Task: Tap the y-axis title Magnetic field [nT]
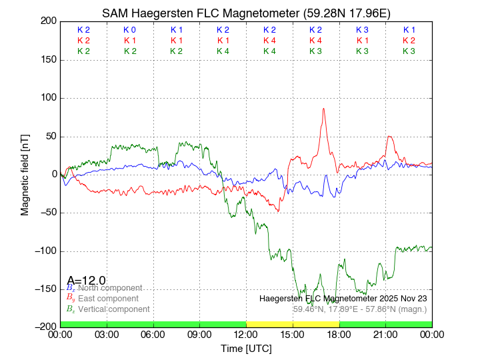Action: click(25, 173)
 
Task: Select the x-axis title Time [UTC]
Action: click(246, 349)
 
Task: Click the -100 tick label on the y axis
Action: click(45, 251)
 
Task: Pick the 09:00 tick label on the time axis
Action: click(199, 335)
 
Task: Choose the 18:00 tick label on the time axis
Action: click(339, 335)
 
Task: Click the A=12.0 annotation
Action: click(86, 280)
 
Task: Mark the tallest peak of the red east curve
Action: click(324, 109)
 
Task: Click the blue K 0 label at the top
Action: click(129, 30)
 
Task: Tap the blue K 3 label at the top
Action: click(362, 30)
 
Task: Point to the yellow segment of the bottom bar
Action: click(293, 324)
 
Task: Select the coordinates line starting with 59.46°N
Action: click(360, 309)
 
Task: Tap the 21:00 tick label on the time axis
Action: click(385, 335)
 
